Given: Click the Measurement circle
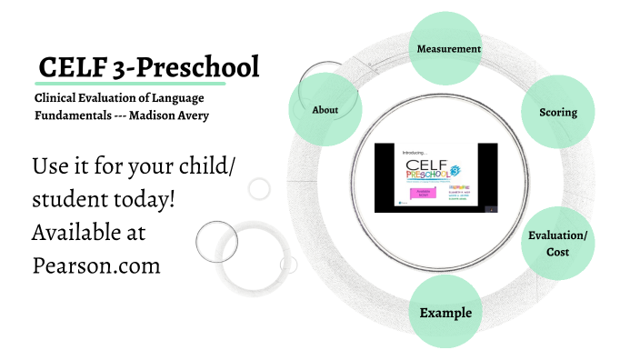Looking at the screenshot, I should click(448, 48).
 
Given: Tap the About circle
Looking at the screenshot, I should click(325, 109).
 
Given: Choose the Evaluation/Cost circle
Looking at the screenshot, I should click(557, 243).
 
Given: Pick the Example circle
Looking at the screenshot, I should click(445, 313).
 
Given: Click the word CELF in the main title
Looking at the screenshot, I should click(71, 67).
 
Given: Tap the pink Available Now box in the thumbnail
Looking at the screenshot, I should click(413, 194).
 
